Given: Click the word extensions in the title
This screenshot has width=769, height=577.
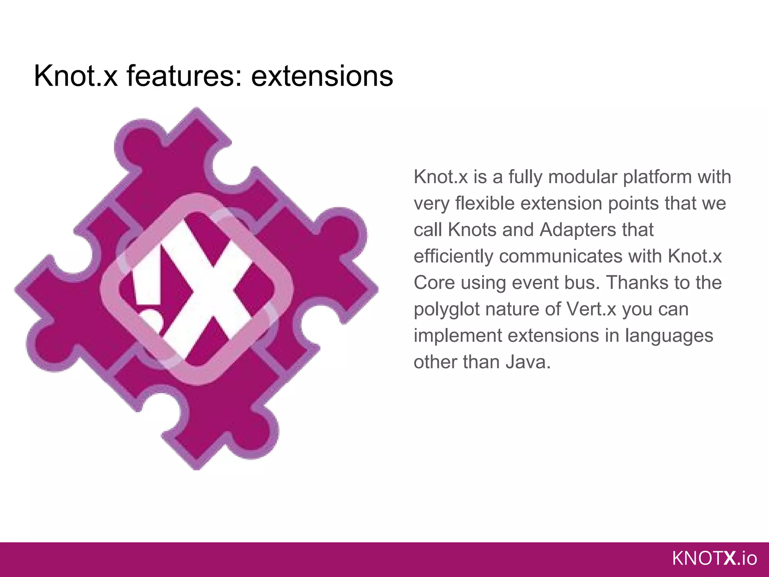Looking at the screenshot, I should click(322, 76).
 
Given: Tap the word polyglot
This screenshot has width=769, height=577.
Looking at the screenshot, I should click(447, 309).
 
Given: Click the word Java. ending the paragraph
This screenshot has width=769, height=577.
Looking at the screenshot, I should click(528, 362).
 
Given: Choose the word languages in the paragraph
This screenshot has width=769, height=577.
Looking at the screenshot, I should click(669, 335).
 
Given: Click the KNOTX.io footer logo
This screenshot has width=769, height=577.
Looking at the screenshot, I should click(715, 559).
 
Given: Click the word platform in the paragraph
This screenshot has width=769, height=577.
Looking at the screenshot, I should click(657, 177).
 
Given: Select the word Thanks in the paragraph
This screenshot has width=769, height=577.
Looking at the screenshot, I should click(634, 282).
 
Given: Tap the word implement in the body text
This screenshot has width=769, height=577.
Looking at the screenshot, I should click(458, 335).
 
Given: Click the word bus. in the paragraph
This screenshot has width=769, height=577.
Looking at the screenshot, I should click(579, 282).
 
